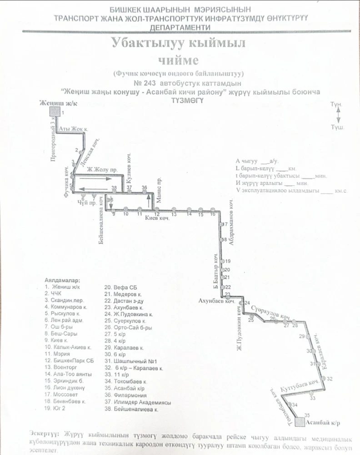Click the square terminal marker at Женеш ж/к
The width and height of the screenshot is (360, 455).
(55, 112)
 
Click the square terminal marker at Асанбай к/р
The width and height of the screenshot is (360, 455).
(300, 422)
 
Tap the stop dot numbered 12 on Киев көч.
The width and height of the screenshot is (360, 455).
(156, 209)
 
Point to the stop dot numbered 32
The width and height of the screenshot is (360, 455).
(324, 379)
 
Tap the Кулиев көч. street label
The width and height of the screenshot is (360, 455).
(129, 165)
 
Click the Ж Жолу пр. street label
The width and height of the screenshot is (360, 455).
(103, 170)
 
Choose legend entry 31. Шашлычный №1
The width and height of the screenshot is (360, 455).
(131, 359)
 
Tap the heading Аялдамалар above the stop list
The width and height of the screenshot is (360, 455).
(62, 280)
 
